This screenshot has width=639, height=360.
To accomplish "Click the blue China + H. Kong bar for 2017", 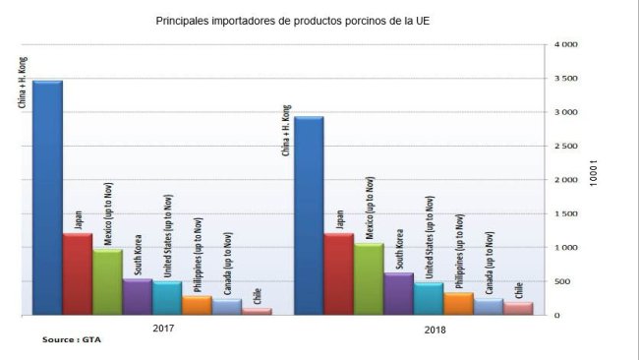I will click(x=47, y=197).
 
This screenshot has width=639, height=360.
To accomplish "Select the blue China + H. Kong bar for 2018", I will click(x=309, y=216).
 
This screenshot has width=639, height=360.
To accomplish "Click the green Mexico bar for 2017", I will click(x=107, y=282).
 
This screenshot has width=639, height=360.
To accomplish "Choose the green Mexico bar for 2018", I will click(x=369, y=279).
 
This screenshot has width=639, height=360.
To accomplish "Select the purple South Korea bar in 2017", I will click(x=137, y=297).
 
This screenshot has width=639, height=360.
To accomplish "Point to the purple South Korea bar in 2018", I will click(x=398, y=294).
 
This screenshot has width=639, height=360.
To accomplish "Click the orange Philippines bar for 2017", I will click(x=197, y=305).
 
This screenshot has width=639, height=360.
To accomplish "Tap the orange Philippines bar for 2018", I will click(x=458, y=303).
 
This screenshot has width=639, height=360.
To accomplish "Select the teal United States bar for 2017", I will click(x=167, y=298).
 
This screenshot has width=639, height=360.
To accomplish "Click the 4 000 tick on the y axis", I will click(x=566, y=45).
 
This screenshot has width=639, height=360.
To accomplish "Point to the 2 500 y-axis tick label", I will click(x=566, y=147).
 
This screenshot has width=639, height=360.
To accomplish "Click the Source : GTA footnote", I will click(x=71, y=340).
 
